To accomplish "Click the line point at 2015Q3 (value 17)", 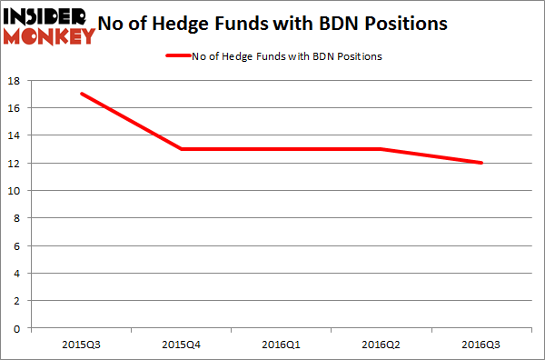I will point(82,94).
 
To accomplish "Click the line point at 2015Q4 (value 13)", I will point(182,149).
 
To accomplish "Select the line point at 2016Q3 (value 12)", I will point(482,163).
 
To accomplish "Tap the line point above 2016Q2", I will point(382,149).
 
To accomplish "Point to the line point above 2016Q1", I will point(282,149).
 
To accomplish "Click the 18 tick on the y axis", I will point(16,81).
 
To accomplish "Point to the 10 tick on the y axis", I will point(16,191).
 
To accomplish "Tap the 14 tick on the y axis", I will point(16,135).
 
